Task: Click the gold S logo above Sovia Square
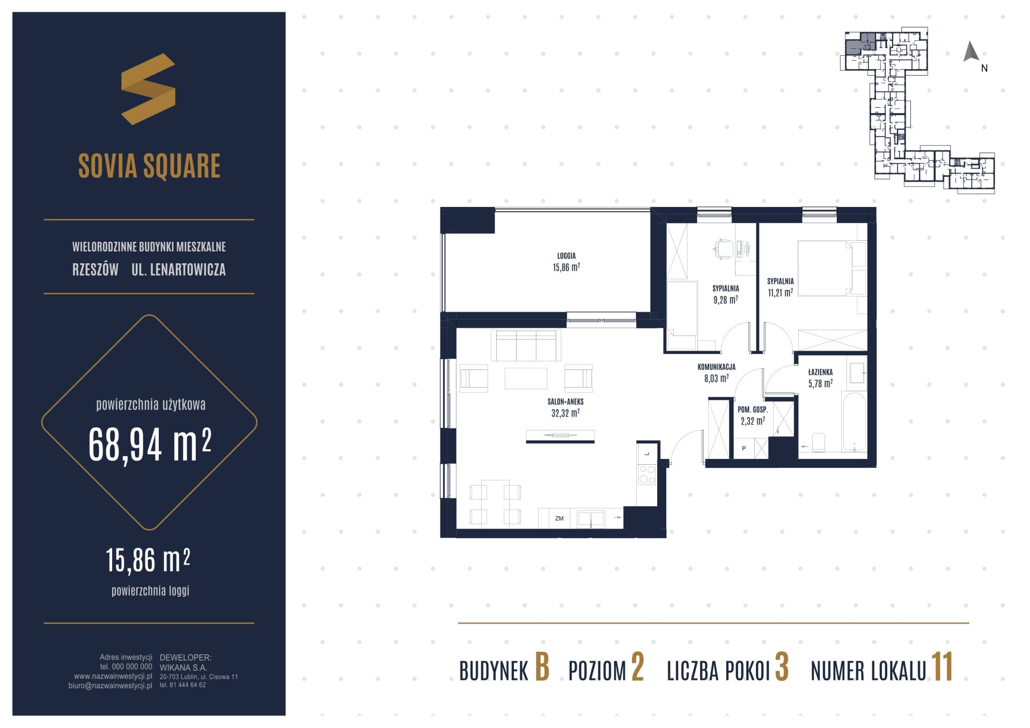pos(148,89)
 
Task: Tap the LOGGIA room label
pos(566,256)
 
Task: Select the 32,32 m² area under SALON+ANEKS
pos(565,413)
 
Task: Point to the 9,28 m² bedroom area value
pos(725,300)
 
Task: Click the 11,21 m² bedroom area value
pos(780,292)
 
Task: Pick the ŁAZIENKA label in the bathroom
pos(820,372)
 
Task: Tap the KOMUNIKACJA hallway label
pos(716,367)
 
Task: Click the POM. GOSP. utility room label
pos(753,410)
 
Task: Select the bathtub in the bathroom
pos(854,422)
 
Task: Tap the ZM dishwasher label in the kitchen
pos(559,518)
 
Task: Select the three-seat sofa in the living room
pos(526,346)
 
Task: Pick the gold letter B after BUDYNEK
pos(542,667)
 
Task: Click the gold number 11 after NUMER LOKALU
pos(943,667)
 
